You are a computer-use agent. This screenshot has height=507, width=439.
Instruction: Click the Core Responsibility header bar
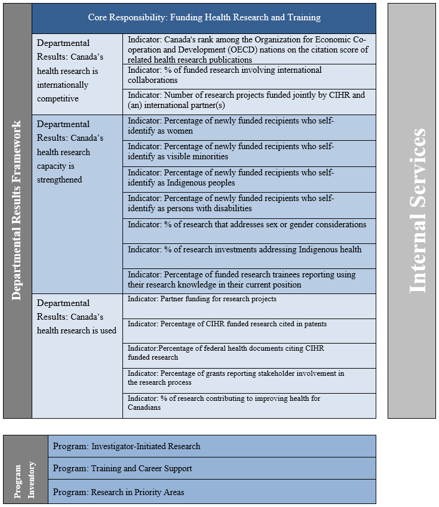(204, 18)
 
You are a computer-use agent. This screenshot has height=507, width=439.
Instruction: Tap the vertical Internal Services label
(412, 211)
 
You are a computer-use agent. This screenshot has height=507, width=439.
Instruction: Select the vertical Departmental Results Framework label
(17, 211)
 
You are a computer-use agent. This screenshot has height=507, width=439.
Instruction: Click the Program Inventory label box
(25, 469)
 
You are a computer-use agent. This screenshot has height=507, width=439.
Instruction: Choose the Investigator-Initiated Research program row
(212, 446)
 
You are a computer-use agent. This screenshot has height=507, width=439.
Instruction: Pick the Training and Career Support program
(212, 468)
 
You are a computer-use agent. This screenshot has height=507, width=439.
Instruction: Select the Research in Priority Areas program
(212, 492)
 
